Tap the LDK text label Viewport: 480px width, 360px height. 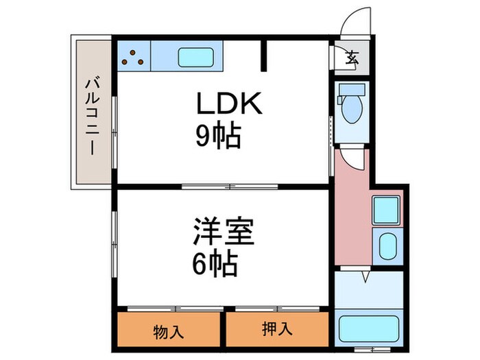tap(229, 105)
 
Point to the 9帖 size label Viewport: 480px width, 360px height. tap(219, 138)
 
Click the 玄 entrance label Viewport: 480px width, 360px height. tap(352, 58)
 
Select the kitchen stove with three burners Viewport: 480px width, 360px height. tap(134, 56)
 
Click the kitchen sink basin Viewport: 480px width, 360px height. tap(197, 56)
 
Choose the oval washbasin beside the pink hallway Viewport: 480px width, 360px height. tap(388, 244)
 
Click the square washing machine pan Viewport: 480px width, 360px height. tap(387, 209)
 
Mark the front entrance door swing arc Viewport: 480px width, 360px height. tap(357, 21)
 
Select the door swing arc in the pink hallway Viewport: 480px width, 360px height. tap(354, 160)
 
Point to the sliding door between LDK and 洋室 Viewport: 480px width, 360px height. tap(230, 186)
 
